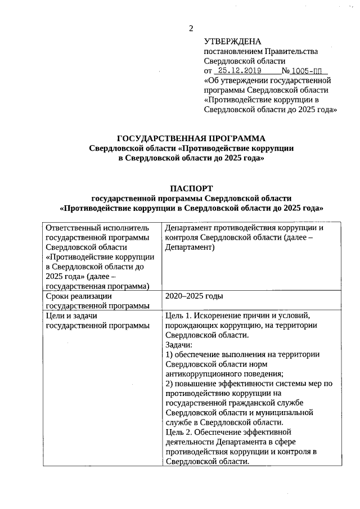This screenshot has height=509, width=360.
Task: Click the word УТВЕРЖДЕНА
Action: point(232,42)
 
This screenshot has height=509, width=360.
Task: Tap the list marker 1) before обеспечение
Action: point(169,354)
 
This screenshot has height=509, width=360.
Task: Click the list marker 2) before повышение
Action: point(169,384)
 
